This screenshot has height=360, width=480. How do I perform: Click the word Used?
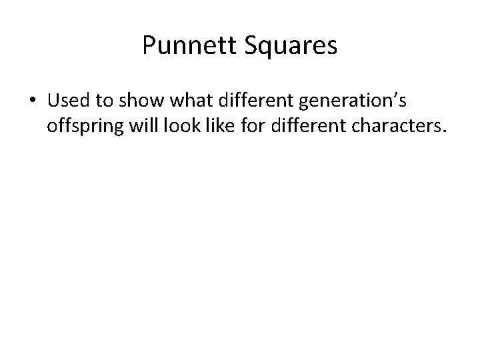pyautogui.click(x=68, y=101)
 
